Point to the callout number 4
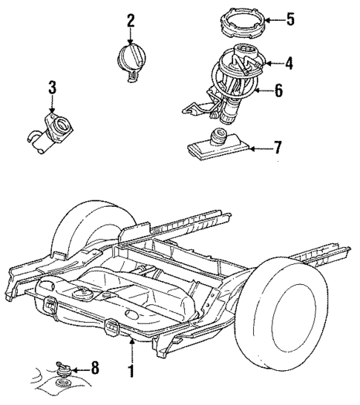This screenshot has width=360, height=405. click(289, 64)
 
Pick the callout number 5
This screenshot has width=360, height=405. click(290, 19)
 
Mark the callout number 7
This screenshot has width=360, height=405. click(278, 147)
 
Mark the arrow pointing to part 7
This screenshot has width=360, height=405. click(258, 148)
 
